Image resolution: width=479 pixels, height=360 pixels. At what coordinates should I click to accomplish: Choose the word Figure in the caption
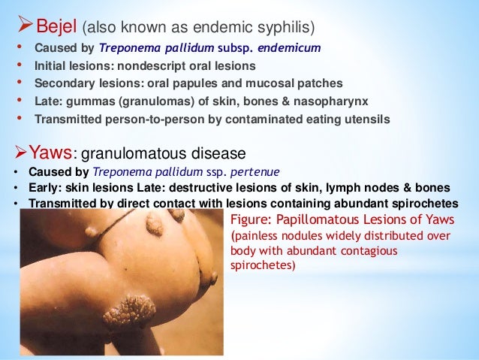point(249,219)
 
